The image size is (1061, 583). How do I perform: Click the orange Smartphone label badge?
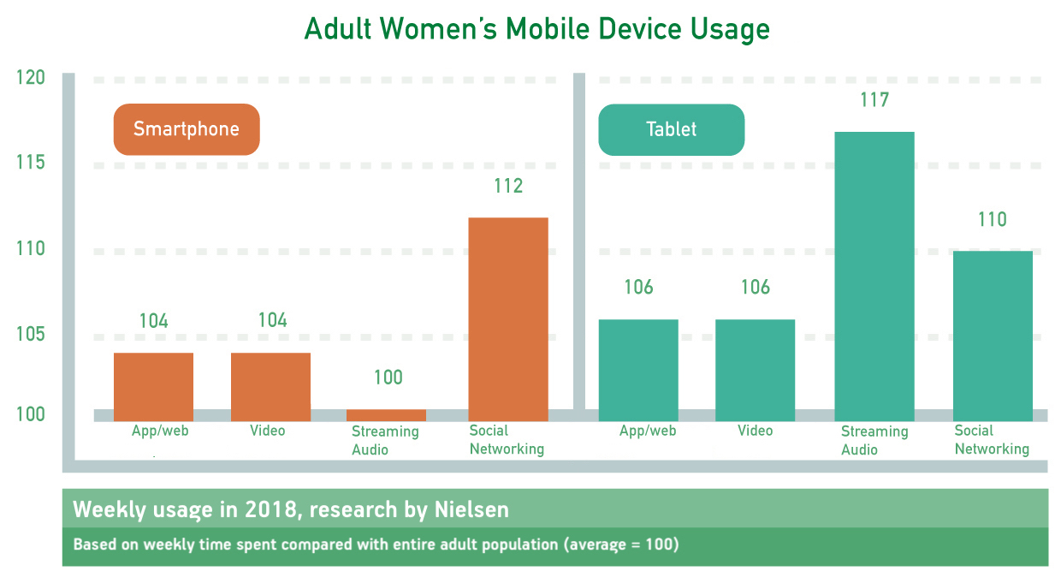tap(186, 129)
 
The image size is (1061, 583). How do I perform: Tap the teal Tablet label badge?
tap(671, 129)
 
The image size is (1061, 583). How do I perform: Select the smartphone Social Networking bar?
tap(508, 317)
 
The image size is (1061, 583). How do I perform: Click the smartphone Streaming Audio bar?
tap(386, 415)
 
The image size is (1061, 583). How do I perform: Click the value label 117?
tap(874, 100)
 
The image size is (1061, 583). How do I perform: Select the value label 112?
tap(508, 186)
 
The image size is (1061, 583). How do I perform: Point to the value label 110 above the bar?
tap(993, 219)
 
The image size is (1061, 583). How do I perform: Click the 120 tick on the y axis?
tap(30, 78)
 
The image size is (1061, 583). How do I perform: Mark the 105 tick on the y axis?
tap(30, 333)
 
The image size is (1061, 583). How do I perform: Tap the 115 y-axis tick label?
tap(30, 163)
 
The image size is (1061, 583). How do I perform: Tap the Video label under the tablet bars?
tap(755, 431)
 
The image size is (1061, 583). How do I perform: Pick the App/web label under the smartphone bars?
tap(160, 431)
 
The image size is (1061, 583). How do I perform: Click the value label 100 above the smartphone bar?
tap(388, 378)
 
